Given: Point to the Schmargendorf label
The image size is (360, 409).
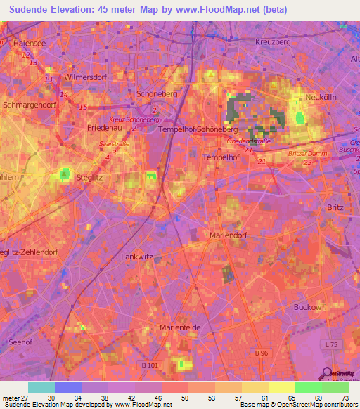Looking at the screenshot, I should [29, 105].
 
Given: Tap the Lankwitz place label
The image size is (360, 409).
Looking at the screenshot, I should [137, 257].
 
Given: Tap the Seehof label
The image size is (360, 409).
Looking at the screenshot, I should [18, 342].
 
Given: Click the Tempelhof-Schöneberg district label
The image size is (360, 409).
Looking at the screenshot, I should [199, 130].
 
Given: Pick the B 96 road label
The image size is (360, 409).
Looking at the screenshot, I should [262, 352].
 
